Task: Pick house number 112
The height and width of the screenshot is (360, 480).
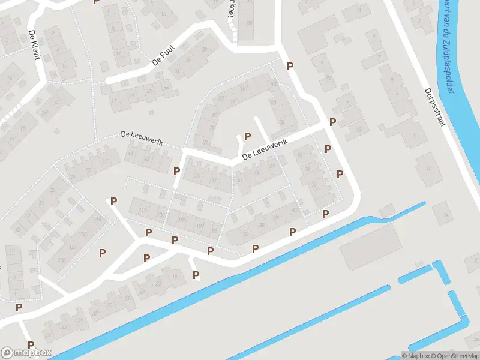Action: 143,209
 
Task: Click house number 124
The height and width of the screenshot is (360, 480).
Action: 73,246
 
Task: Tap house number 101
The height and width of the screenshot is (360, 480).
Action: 244,89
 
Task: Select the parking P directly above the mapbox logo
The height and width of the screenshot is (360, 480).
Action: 19,307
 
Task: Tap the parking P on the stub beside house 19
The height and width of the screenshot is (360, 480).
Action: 196,275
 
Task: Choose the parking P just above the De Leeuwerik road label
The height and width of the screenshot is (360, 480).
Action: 247,137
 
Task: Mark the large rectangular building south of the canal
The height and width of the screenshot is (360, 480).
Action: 370,246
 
